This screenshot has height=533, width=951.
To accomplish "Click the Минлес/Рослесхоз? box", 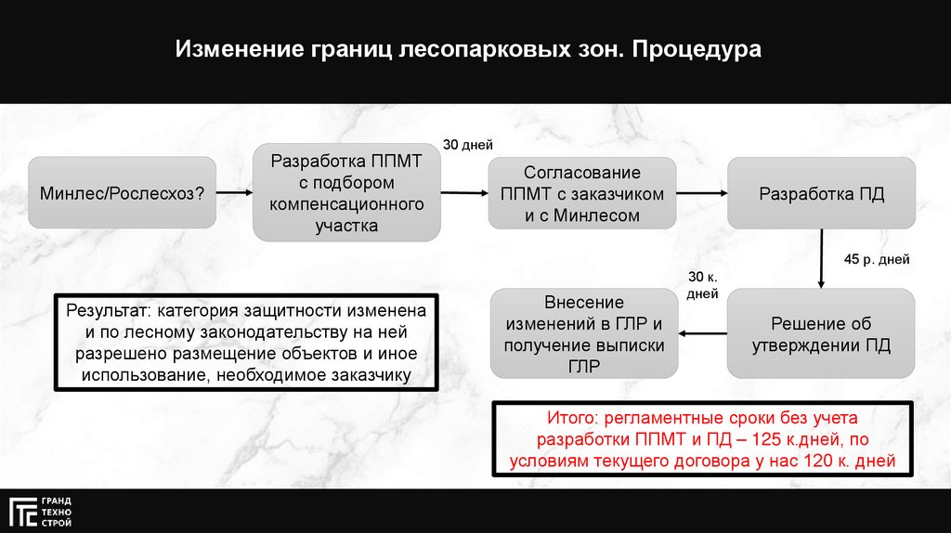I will click(x=123, y=193).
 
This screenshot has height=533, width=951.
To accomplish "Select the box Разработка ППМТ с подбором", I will click(x=346, y=193).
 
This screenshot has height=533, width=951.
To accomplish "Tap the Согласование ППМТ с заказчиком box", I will click(x=582, y=193).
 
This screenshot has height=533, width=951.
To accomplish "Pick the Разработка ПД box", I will click(x=821, y=193).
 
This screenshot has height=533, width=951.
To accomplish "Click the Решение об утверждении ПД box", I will click(x=821, y=334).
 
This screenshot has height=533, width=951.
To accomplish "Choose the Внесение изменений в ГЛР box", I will click(x=584, y=334).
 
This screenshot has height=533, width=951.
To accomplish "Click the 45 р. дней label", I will click(x=877, y=259).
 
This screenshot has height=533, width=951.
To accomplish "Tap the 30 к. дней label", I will click(x=702, y=285).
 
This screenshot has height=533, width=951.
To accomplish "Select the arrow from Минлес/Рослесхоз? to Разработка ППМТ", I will click(x=234, y=192).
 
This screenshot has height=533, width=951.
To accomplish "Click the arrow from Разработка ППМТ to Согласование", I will click(x=463, y=192).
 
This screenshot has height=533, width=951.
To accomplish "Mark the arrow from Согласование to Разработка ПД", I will click(x=700, y=192).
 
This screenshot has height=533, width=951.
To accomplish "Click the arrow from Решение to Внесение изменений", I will click(x=702, y=333).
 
